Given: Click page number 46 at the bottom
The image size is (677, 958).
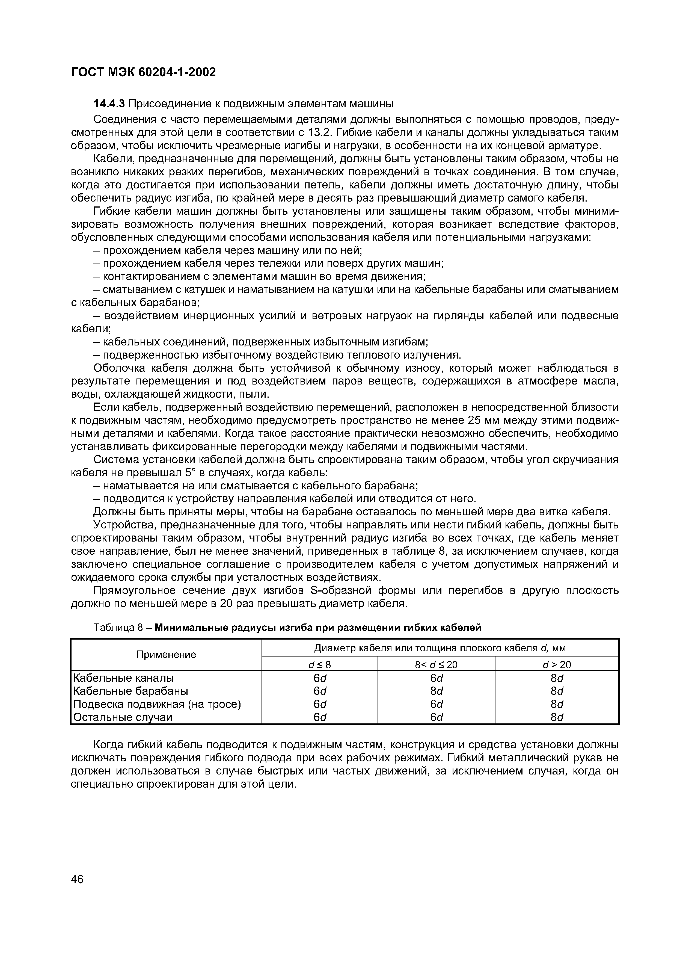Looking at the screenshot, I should click(78, 879).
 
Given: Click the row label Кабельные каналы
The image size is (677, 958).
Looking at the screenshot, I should click(123, 678).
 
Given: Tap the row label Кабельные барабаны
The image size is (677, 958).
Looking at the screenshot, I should click(130, 691).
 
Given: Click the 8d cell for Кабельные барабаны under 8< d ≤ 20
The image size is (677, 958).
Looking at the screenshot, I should click(436, 691).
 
